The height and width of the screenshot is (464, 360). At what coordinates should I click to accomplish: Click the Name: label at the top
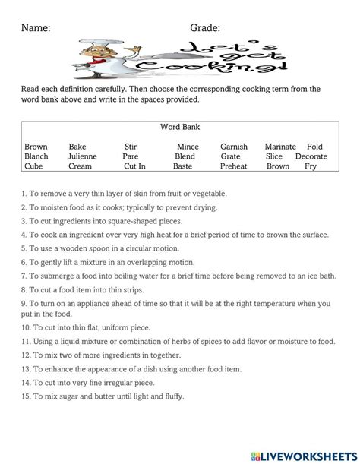35,28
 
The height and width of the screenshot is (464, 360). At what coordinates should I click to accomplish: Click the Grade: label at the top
204,28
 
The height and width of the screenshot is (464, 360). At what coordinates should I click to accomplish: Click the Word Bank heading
180,127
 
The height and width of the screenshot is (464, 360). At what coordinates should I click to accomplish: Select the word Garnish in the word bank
234,147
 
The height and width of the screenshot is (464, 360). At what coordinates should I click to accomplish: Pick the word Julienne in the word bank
83,156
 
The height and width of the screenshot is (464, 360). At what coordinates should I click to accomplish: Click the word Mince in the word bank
188,147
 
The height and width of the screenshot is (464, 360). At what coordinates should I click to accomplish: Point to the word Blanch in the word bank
36,156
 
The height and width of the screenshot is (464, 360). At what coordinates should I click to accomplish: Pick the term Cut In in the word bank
134,166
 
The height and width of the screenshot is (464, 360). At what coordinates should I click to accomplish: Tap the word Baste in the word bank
183,166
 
